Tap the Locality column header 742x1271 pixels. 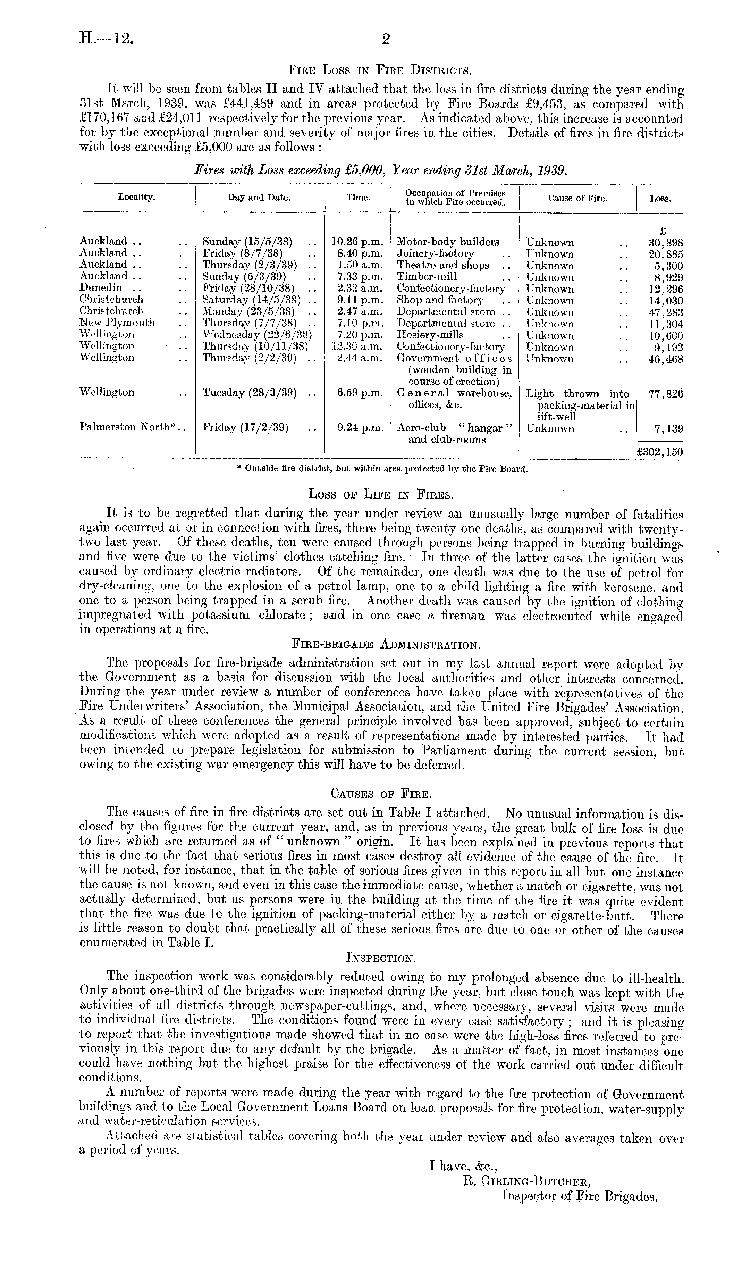coord(137,198)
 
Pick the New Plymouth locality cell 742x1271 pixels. coord(117,323)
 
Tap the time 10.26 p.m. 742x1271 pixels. coord(357,242)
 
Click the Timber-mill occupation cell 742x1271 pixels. coord(427,276)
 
